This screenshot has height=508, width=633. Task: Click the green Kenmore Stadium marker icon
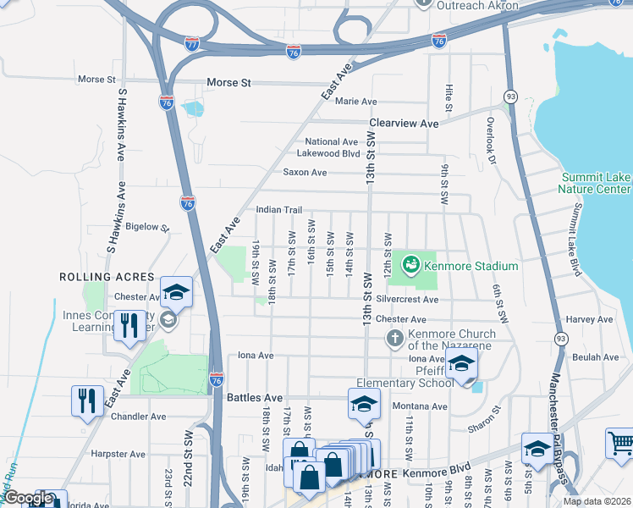point(410,265)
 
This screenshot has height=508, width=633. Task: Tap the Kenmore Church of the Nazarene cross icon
point(394,339)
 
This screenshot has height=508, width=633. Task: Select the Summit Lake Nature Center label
point(596,183)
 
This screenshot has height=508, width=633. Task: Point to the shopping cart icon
point(621,443)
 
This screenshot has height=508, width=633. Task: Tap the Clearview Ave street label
point(403,124)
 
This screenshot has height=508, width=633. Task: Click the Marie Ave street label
point(355,102)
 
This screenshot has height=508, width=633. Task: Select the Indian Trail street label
point(278,210)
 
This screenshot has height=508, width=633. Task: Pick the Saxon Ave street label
point(305,173)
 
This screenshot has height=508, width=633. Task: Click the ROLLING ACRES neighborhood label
point(107,277)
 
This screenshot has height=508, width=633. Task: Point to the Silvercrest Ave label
point(408,300)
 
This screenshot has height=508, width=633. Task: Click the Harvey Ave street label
point(591,319)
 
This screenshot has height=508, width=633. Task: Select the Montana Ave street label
point(421,406)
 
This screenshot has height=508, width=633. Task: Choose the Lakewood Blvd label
point(328,154)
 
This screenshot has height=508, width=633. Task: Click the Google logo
point(27,499)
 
